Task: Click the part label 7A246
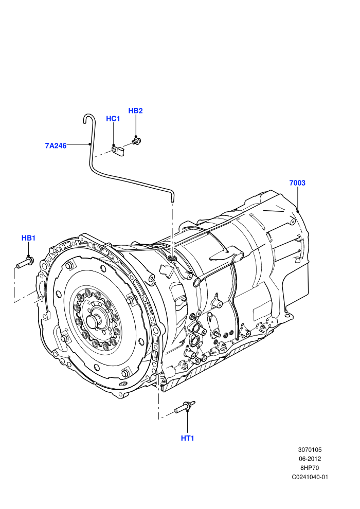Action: pos(56,146)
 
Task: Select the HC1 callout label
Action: pos(113,118)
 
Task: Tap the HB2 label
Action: pos(135,111)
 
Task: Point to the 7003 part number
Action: pos(297,183)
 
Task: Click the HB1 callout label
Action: pos(28,238)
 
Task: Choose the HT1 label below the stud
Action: pos(187,438)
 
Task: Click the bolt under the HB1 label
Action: pos(24,262)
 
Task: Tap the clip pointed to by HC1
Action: pos(117,151)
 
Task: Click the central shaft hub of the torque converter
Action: pos(94,321)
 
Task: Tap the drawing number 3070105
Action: pos(310,450)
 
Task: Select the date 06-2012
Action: pos(310,459)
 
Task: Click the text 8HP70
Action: pos(310,468)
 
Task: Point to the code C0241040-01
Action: pos(310,477)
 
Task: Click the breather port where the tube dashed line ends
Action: pos(173,258)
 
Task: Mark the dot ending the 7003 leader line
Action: pos(297,211)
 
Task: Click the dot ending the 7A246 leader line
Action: pos(89,144)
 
